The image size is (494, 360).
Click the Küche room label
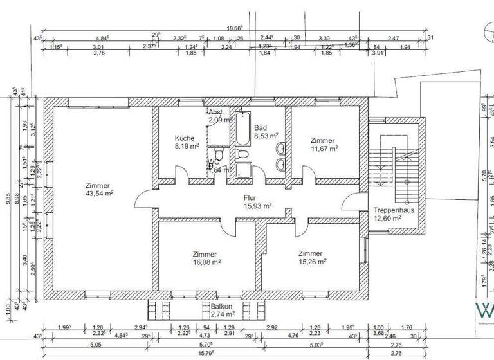coord(185,138)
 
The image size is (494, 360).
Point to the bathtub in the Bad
coord(243,129)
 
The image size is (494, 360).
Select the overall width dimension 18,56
coord(233,28)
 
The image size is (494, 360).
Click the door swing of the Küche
coord(182,175)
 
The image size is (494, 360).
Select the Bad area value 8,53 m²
coord(266,136)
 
